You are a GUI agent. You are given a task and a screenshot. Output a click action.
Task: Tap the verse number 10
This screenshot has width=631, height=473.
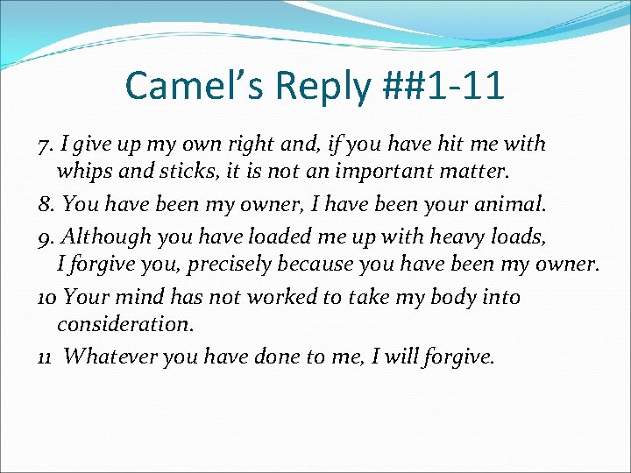pos(47,298)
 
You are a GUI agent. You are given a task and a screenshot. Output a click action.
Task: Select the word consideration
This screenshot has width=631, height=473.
pos(124,323)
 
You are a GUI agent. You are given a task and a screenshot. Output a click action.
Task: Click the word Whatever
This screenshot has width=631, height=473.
pos(107,357)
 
